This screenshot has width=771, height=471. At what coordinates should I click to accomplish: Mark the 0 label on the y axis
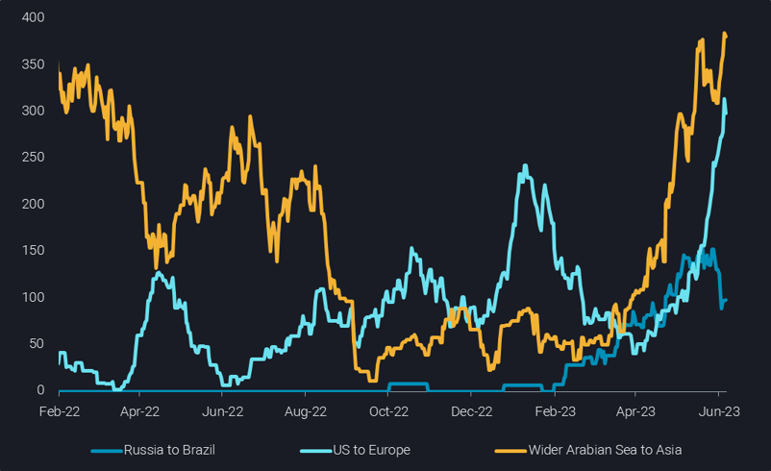point(39,390)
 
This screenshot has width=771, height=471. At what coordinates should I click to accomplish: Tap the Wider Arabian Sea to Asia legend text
point(603,450)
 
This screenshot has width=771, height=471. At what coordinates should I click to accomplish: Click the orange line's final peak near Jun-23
point(724,35)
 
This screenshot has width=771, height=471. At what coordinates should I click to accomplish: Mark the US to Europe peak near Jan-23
point(525,165)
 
